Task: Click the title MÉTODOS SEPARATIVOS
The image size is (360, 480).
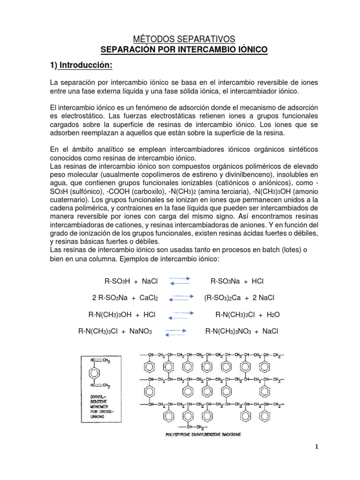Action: [x=180, y=39]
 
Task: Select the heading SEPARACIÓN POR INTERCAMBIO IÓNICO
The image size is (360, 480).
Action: [x=180, y=50]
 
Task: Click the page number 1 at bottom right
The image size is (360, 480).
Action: [x=316, y=447]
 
